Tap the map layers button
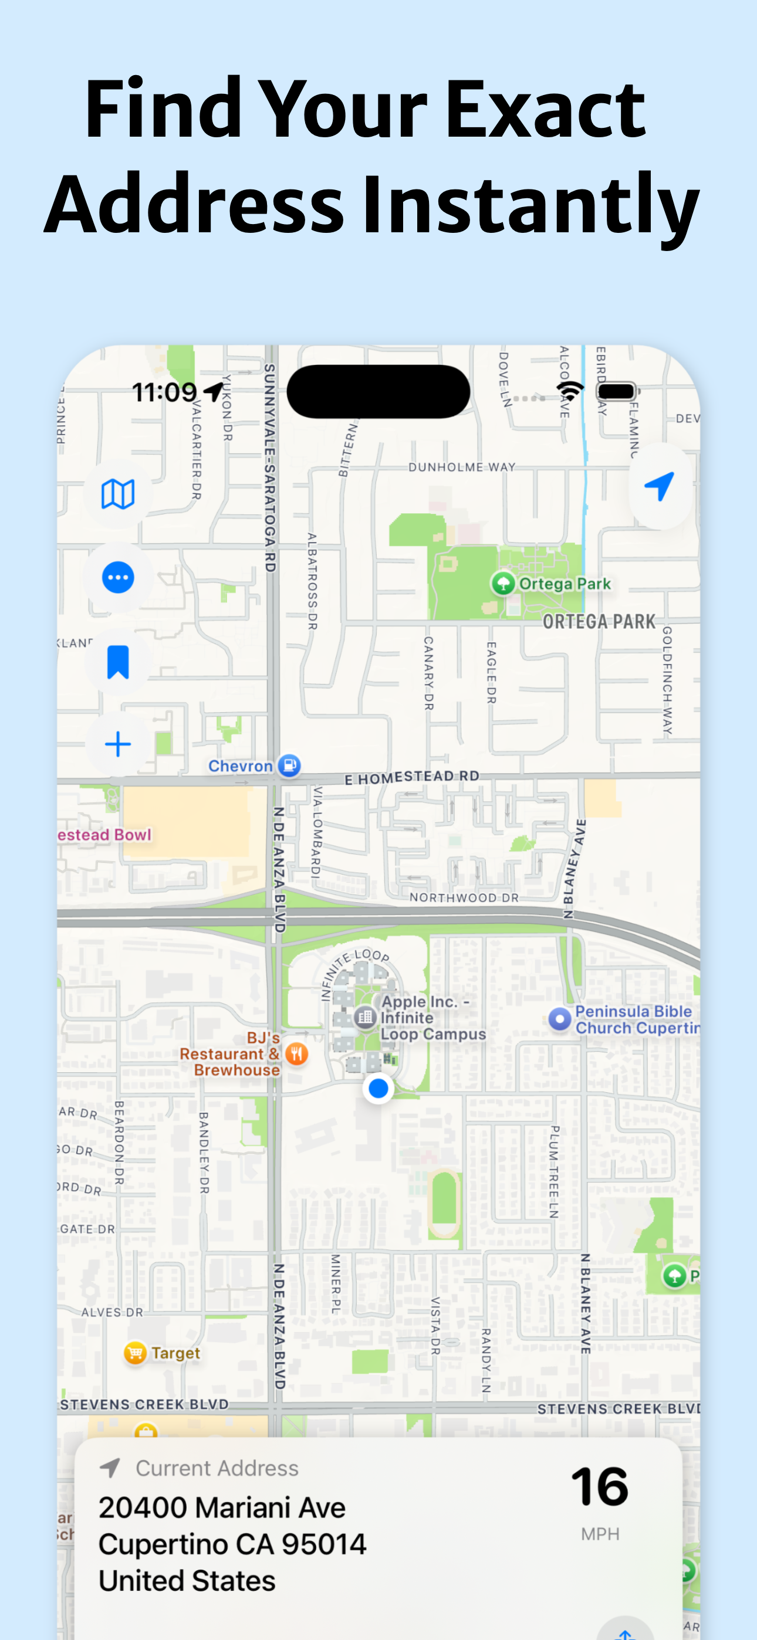[118, 494]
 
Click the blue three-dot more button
[118, 577]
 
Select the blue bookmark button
[118, 662]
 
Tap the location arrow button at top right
[660, 486]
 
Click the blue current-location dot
[378, 1088]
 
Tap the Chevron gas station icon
[289, 765]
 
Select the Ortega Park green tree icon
[503, 582]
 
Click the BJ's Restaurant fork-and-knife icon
[296, 1053]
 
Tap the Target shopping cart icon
[135, 1353]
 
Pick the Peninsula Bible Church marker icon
[559, 1019]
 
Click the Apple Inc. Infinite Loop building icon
[365, 1017]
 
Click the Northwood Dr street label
[464, 897]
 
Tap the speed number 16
[600, 1487]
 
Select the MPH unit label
[600, 1534]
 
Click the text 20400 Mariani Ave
[222, 1507]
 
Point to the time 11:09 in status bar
[164, 392]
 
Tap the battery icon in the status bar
[617, 392]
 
